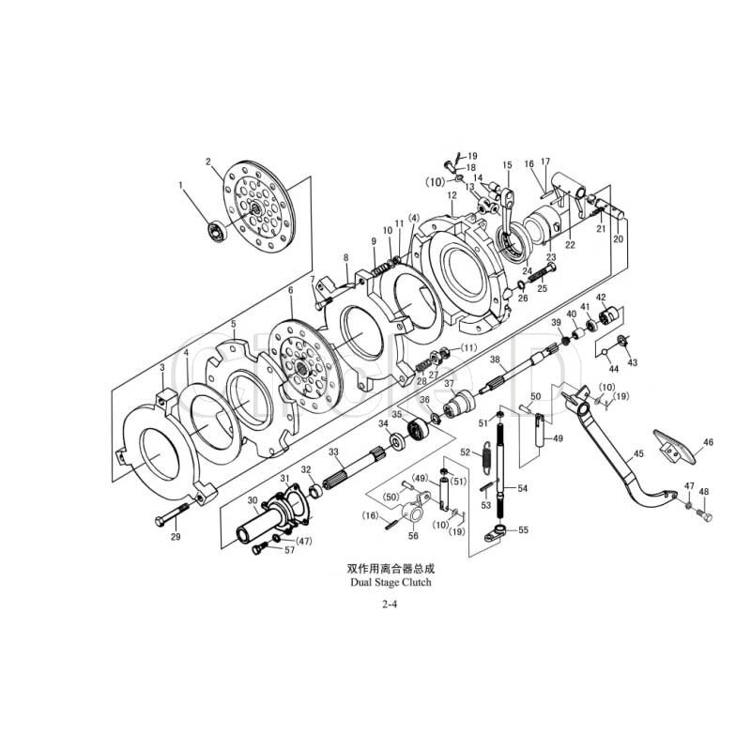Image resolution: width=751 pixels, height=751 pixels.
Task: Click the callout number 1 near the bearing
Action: pyautogui.click(x=182, y=185)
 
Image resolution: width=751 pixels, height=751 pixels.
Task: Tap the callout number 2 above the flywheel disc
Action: pyautogui.click(x=207, y=161)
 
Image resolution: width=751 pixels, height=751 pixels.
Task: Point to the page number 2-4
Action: pyautogui.click(x=391, y=606)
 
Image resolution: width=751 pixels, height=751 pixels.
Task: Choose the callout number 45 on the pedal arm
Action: pyautogui.click(x=638, y=453)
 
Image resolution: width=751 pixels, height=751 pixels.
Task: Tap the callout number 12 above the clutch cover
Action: pyautogui.click(x=452, y=195)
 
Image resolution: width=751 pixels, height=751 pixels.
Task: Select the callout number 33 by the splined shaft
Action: pyautogui.click(x=333, y=452)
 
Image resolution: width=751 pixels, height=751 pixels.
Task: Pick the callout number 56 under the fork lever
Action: pyautogui.click(x=413, y=536)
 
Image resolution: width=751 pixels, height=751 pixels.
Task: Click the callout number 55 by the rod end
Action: pyautogui.click(x=523, y=529)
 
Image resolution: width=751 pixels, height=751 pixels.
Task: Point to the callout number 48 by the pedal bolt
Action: pyautogui.click(x=704, y=492)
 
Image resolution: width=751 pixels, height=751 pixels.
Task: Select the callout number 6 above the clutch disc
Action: pyautogui.click(x=291, y=291)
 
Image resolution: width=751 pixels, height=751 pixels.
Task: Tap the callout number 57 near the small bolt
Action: pyautogui.click(x=289, y=550)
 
